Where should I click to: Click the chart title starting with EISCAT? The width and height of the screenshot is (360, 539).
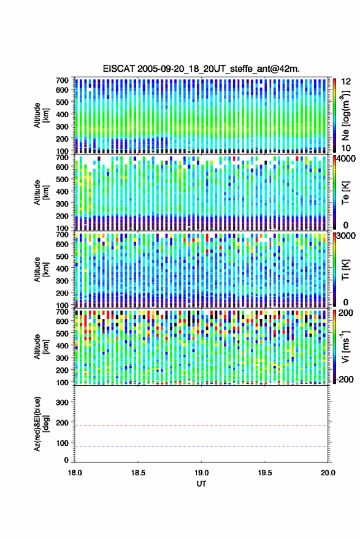click(x=201, y=69)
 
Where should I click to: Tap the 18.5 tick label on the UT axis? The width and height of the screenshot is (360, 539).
click(x=138, y=473)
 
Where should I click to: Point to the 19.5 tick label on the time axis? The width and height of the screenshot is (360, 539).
click(x=264, y=473)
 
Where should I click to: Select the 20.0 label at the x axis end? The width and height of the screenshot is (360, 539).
click(x=327, y=473)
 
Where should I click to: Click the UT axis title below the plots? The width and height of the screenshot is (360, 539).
click(x=201, y=484)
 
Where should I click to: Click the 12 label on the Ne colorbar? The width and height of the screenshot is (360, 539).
click(x=346, y=82)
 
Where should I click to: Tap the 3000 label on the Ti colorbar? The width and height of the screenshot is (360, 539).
click(x=347, y=236)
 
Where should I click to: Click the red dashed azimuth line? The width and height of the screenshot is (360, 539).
click(x=201, y=426)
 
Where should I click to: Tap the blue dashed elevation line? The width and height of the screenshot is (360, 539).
click(x=201, y=446)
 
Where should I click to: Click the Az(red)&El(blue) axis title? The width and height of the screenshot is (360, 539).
click(x=41, y=424)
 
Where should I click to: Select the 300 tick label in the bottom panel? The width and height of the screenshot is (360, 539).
click(x=62, y=402)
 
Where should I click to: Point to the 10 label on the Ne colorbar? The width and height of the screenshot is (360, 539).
click(x=346, y=148)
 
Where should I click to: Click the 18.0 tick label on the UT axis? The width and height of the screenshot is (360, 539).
click(x=75, y=473)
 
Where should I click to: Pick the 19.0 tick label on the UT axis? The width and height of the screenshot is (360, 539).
click(x=201, y=473)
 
